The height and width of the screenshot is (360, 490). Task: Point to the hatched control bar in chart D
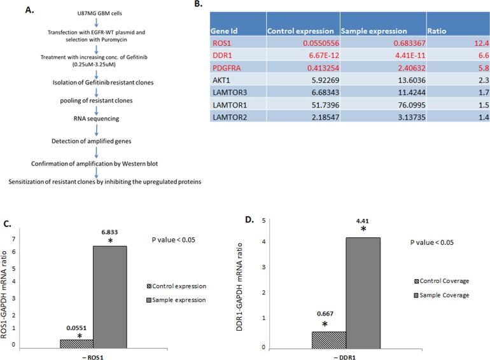[329, 340]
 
